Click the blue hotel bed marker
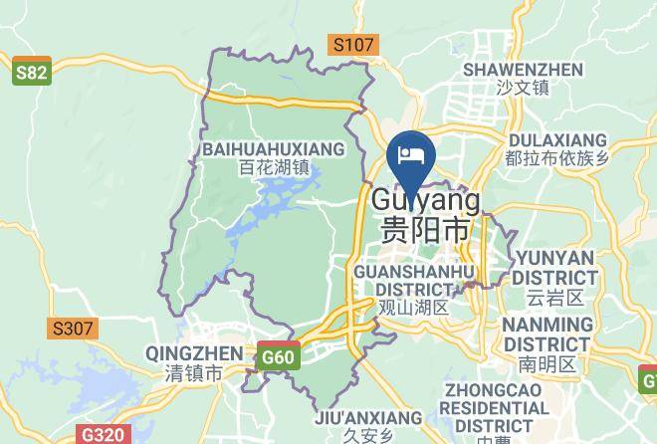[x=412, y=155]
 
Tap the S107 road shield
[x=353, y=45]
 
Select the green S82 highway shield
[x=32, y=74]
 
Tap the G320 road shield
[x=103, y=435]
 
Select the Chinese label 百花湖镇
[x=275, y=168]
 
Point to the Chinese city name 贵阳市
[x=425, y=228]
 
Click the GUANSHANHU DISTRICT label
[x=414, y=280]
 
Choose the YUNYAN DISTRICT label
[x=555, y=267]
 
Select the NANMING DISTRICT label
[x=547, y=334]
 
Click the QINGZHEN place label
[x=193, y=353]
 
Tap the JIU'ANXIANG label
[x=368, y=418]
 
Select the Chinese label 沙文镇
[x=523, y=88]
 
